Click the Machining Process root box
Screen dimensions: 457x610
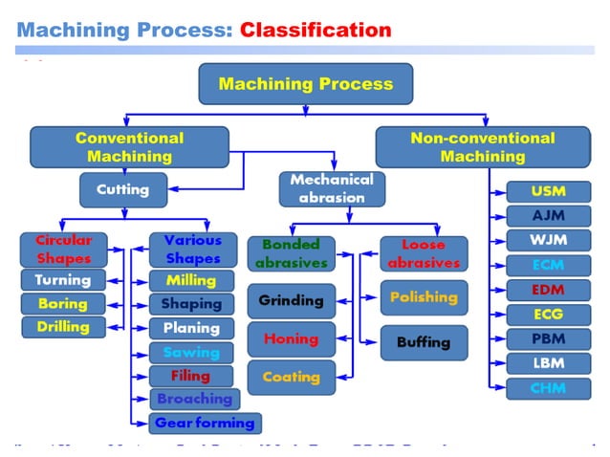click(x=305, y=83)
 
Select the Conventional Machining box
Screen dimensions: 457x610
click(x=129, y=146)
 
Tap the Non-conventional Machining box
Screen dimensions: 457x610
click(x=482, y=146)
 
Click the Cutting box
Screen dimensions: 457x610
click(x=122, y=189)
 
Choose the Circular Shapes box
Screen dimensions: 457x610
click(x=63, y=250)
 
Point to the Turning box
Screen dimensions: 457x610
click(x=63, y=280)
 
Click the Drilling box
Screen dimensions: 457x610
click(x=63, y=327)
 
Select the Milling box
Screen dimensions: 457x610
click(x=191, y=280)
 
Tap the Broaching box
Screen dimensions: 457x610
click(x=194, y=399)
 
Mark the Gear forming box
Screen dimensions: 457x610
click(x=205, y=423)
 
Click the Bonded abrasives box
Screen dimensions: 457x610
click(x=292, y=254)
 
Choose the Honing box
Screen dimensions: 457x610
click(x=292, y=338)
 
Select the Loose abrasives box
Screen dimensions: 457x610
click(x=425, y=254)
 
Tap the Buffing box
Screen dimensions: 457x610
click(x=424, y=342)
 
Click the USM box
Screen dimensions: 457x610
click(x=548, y=191)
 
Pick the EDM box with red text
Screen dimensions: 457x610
click(x=548, y=289)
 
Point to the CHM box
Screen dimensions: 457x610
click(x=548, y=388)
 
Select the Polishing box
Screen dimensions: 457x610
click(x=424, y=297)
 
